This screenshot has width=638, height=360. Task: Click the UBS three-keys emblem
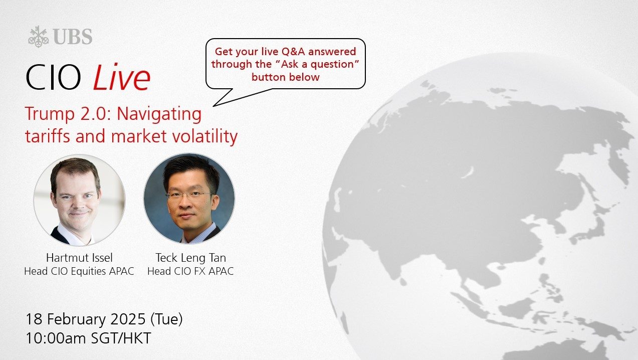pyautogui.click(x=39, y=37)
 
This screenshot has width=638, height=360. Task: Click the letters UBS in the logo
pyautogui.click(x=72, y=37)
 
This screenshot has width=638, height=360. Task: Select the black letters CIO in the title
pyautogui.click(x=53, y=78)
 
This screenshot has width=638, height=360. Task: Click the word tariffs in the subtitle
pyautogui.click(x=48, y=136)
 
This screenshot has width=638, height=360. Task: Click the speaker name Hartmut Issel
pyautogui.click(x=79, y=258)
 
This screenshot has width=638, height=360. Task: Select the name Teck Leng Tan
pyautogui.click(x=190, y=258)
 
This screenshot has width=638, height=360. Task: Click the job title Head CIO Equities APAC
pyautogui.click(x=79, y=271)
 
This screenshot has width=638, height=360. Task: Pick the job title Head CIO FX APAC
pyautogui.click(x=190, y=271)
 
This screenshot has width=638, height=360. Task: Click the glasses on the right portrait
pyautogui.click(x=188, y=195)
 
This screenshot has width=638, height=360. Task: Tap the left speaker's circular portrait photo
pyautogui.click(x=80, y=200)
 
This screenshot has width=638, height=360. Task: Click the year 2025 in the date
pyautogui.click(x=128, y=319)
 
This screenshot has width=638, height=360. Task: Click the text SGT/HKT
pyautogui.click(x=121, y=338)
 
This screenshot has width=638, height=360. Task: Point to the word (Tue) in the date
pyautogui.click(x=166, y=319)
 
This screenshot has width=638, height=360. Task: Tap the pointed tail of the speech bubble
pyautogui.click(x=214, y=106)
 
